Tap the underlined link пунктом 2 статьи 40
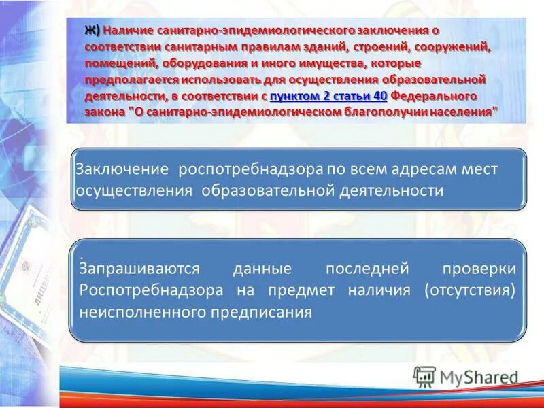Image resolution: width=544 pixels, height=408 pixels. tap(328, 97)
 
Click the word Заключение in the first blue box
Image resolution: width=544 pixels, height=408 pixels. tap(121, 169)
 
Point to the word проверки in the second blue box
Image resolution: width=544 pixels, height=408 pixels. tap(482, 269)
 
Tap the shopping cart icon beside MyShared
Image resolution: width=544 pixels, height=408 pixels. tap(424, 377)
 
